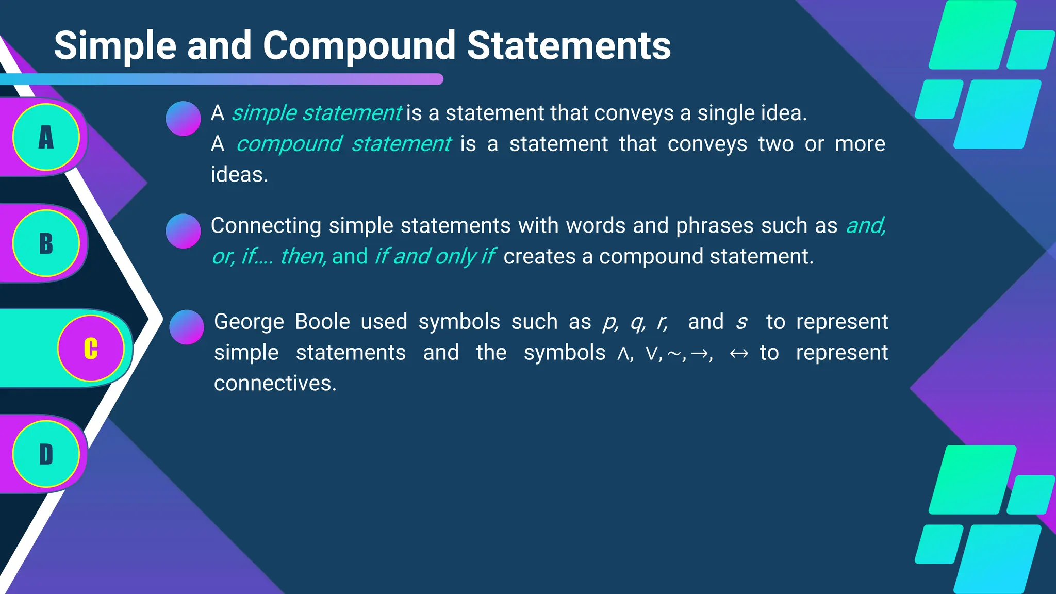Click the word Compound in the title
(x=359, y=46)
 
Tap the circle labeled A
(x=46, y=137)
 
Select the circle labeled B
(x=46, y=243)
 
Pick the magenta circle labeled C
(x=91, y=349)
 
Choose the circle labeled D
(x=46, y=454)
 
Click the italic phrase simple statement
(x=317, y=113)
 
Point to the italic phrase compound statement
(x=344, y=144)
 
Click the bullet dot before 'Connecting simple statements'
(x=183, y=231)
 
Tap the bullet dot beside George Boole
(x=187, y=327)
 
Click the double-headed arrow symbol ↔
(x=739, y=354)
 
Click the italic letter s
(x=741, y=322)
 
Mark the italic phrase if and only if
(x=434, y=256)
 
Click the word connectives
(x=275, y=384)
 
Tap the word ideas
(x=239, y=175)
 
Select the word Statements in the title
(x=569, y=46)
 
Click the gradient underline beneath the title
(x=222, y=79)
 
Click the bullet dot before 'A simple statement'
(x=183, y=119)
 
